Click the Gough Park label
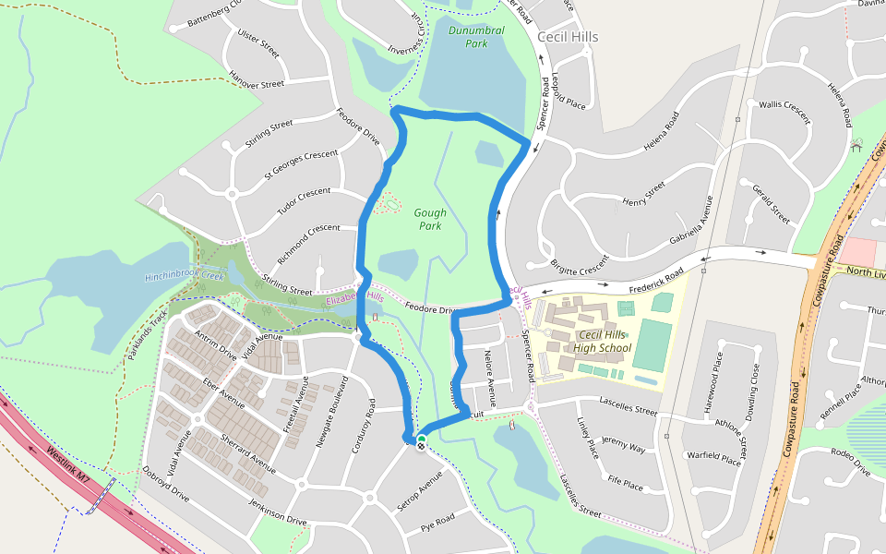click(430, 219)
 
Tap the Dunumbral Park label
click(476, 37)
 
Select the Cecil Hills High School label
click(602, 341)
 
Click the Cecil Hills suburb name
click(568, 37)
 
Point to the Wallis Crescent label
click(784, 112)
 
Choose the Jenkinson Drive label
click(277, 511)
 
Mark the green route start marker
click(422, 439)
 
